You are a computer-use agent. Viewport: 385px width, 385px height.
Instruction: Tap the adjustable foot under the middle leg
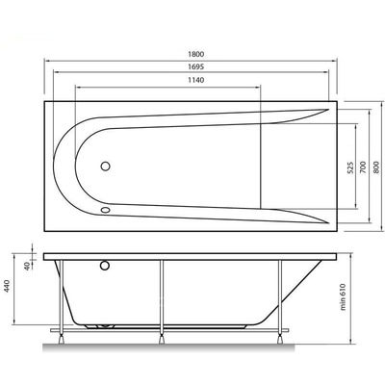pyautogui.click(x=163, y=337)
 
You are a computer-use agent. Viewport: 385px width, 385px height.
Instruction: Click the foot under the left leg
pyautogui.click(x=63, y=337)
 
